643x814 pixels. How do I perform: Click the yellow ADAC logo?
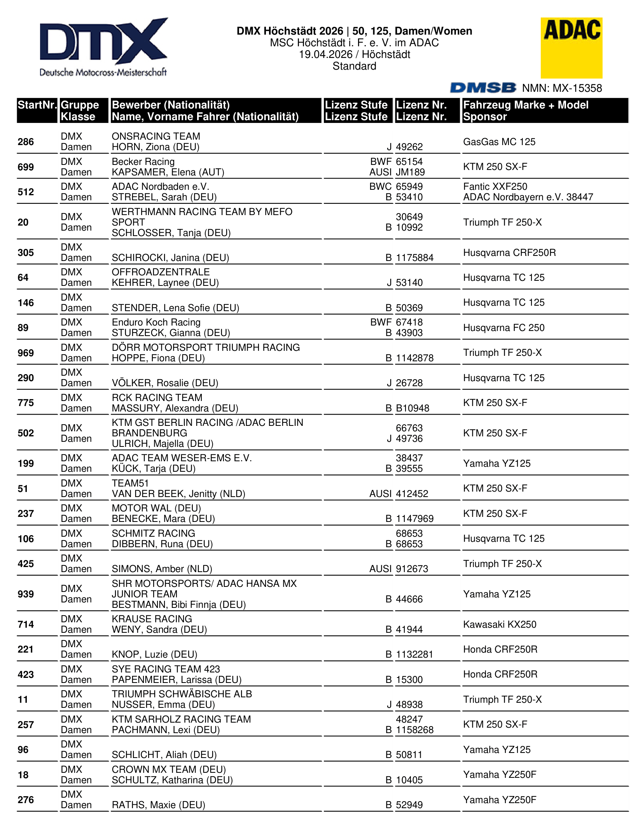571,47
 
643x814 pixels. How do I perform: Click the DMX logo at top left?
103,47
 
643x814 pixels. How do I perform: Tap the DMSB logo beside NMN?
483,88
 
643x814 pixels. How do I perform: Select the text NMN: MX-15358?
562,88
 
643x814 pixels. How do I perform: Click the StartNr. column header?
37,105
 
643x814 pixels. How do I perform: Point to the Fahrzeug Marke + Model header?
526,105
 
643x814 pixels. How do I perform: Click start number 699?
26,167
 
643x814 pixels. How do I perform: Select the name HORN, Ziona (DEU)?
156,147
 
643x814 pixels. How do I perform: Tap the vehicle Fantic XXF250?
495,187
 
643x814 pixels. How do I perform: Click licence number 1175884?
414,258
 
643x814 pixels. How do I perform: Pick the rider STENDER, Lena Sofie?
175,308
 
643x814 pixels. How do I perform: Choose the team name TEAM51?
130,483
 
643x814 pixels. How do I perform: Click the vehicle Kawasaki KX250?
500,625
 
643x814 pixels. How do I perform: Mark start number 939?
26,594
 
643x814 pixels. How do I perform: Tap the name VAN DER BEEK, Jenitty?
178,494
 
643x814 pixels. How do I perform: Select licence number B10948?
412,408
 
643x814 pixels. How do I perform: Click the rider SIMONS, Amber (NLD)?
162,569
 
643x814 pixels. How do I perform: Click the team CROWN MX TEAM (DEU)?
169,770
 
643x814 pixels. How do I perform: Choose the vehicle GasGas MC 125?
499,142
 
